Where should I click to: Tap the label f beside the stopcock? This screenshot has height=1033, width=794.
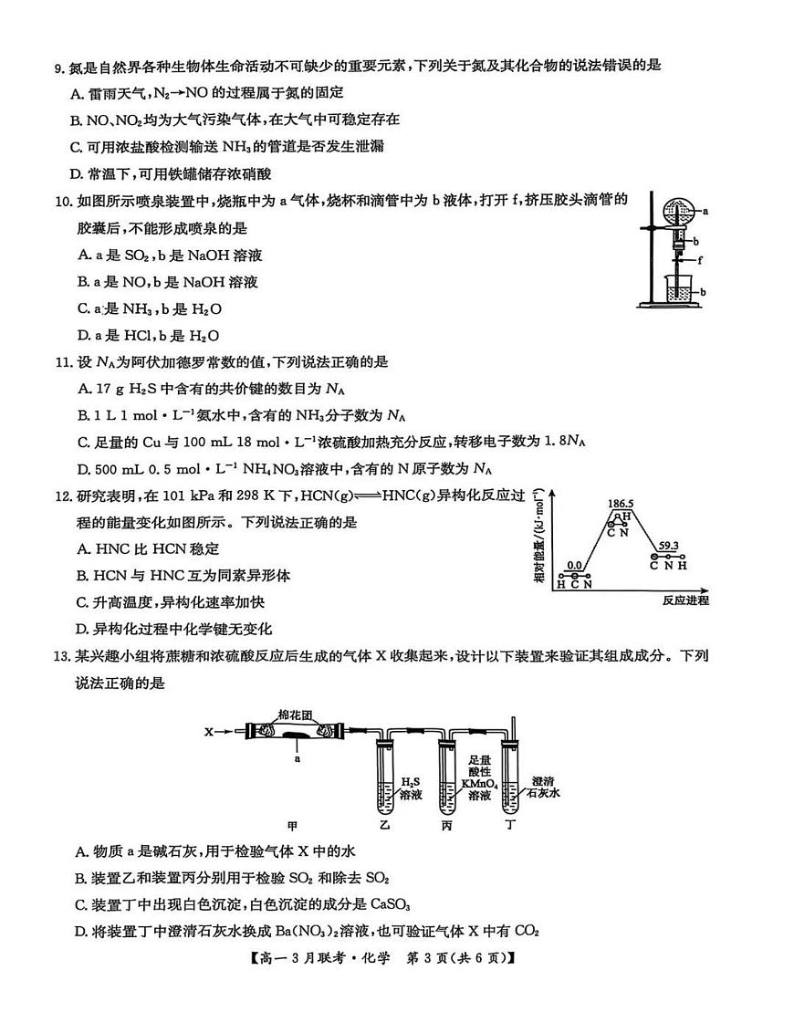pos(701,259)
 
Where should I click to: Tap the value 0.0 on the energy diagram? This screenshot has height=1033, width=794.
pos(574,566)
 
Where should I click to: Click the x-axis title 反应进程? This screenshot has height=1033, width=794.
pos(685,600)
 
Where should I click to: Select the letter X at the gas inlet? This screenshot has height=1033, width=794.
pos(208,731)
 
